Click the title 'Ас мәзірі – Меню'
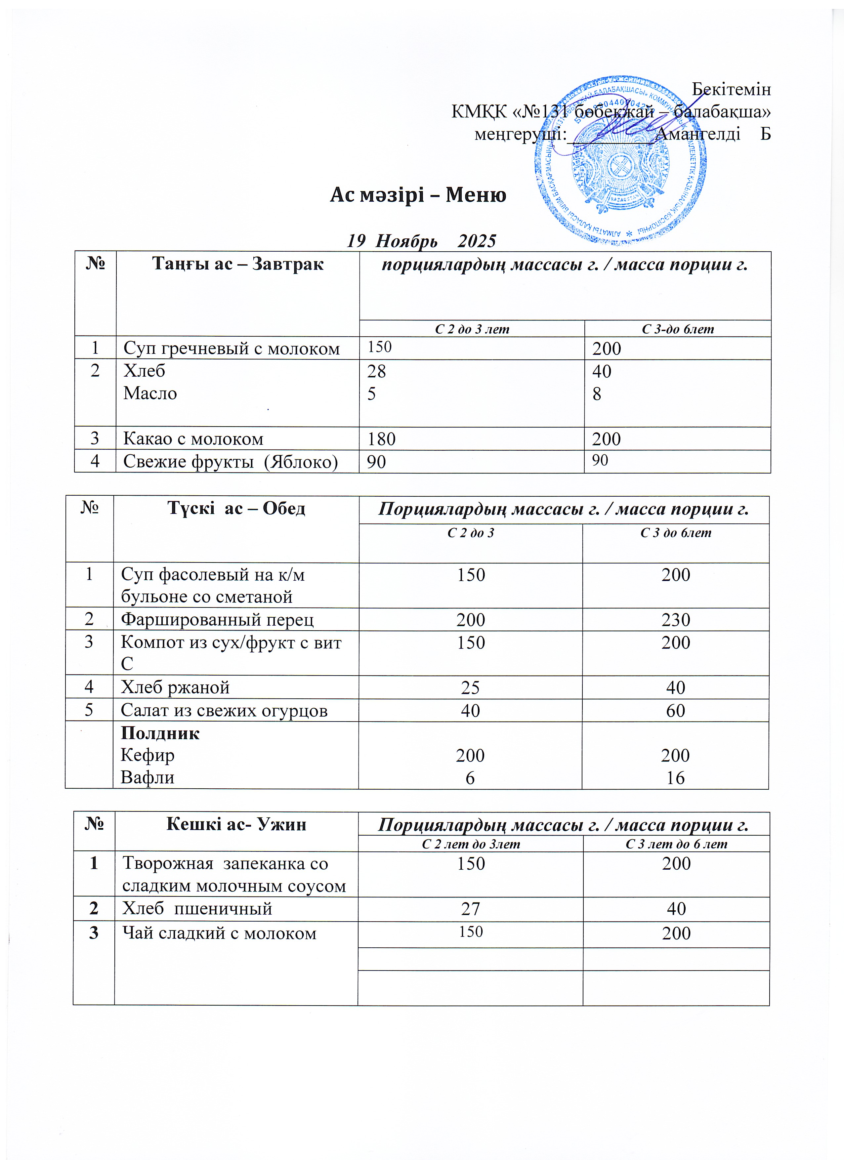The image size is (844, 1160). coord(418,195)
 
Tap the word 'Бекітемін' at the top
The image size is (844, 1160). coord(731,90)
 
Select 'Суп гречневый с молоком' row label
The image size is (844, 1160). coord(231,349)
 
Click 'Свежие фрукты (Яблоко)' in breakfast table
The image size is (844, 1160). coord(230,462)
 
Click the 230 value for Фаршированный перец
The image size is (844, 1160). coord(675,620)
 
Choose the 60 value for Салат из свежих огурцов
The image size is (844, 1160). coord(675,710)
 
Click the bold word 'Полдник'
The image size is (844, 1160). coord(160,733)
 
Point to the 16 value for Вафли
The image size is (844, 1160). coord(675,778)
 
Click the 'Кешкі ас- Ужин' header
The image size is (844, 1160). coord(236,824)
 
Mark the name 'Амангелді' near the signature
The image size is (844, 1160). coord(698,134)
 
